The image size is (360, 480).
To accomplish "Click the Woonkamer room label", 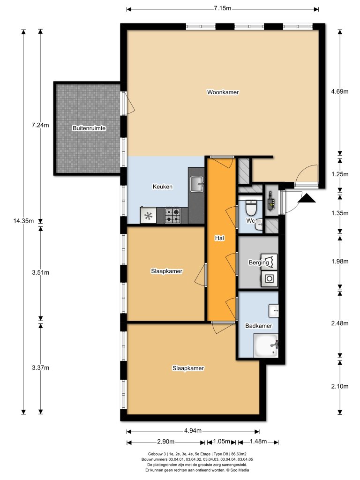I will (x=223, y=92).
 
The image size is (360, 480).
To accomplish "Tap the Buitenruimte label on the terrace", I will (x=89, y=128).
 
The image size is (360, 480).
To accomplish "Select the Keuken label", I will (x=162, y=187).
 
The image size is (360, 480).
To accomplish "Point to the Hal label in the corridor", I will (x=218, y=238).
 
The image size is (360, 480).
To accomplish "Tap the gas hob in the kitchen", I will (x=172, y=216).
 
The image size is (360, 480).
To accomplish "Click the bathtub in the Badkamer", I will (x=266, y=345).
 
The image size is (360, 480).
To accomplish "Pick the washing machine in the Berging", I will (x=269, y=278).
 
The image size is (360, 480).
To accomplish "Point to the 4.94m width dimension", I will (x=192, y=431).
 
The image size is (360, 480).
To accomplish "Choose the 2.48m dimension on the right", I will (x=339, y=323).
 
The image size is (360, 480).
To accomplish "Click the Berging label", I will (x=259, y=262).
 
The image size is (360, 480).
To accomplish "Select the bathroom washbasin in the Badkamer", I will (x=274, y=309).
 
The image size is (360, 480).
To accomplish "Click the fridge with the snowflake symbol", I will (x=149, y=216).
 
